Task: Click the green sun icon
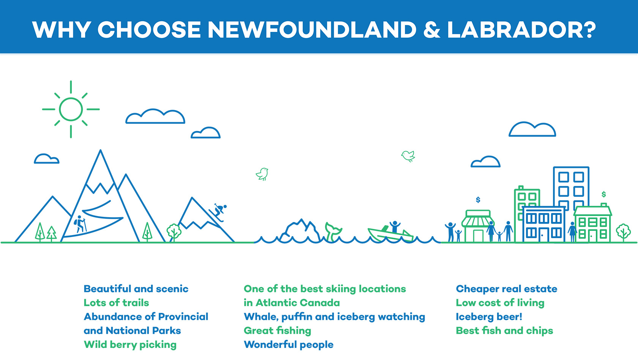pos(71,109)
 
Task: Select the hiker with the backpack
pos(80,224)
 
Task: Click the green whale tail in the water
pos(333,231)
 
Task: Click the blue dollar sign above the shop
pos(478,200)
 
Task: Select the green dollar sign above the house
pos(603,194)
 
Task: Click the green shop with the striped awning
pos(478,226)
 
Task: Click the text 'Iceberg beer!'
pos(489,317)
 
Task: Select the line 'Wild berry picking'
pos(130,345)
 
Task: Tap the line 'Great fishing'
pos(277,331)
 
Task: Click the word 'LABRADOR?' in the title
pos(521,30)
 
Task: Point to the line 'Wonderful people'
pos(289,345)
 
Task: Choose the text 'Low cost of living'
pos(500,303)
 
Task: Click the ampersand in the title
pos(432,30)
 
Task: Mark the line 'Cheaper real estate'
pos(507,289)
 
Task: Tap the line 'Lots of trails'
pos(116,303)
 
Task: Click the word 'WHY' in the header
pos(62,30)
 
